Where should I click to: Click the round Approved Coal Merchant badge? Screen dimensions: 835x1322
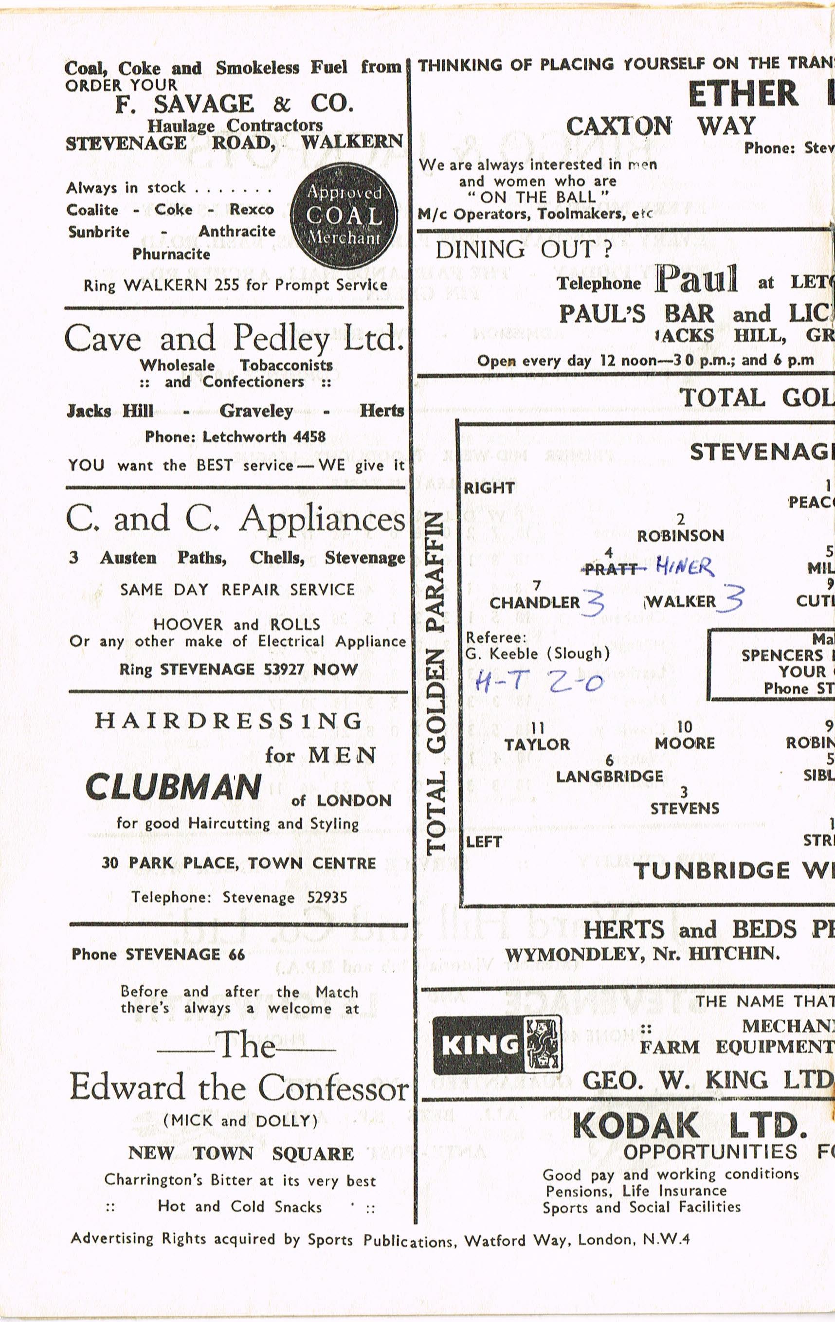(344, 215)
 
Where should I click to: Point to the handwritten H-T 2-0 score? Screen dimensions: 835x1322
(539, 683)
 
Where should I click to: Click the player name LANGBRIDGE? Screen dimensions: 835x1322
(609, 776)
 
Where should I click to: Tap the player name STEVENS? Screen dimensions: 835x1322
(684, 809)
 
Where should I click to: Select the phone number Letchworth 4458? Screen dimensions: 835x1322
(264, 437)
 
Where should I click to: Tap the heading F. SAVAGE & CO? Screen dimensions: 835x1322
(235, 104)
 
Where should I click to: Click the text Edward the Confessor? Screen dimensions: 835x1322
(239, 1087)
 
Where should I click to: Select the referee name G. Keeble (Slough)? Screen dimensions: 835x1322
(538, 653)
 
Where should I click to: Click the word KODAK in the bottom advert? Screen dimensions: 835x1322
(635, 1125)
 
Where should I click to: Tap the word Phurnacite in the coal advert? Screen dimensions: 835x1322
(171, 254)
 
